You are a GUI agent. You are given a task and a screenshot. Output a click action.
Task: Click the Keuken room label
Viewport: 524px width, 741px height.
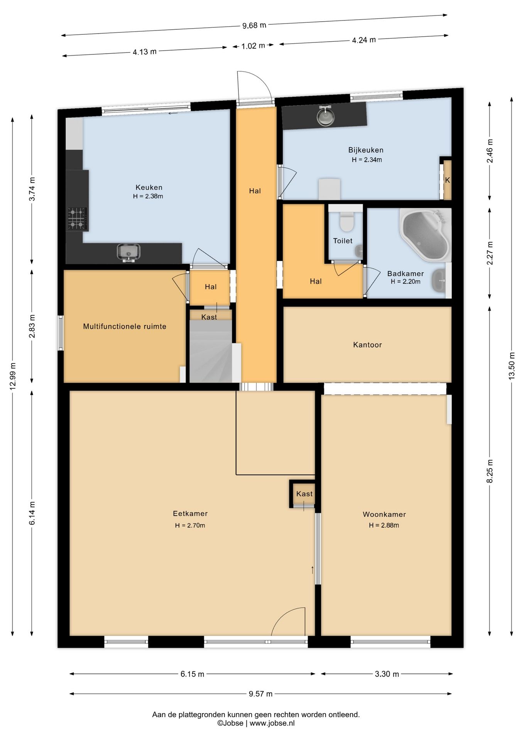(x=149, y=188)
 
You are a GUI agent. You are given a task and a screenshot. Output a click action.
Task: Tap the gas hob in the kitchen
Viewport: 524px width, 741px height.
(x=77, y=219)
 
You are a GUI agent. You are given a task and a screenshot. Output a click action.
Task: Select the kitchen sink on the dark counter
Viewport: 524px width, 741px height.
(x=128, y=252)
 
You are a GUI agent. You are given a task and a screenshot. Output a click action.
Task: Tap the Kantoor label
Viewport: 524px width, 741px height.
(x=367, y=345)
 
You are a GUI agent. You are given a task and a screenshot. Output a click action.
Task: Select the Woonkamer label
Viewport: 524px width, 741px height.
(x=384, y=514)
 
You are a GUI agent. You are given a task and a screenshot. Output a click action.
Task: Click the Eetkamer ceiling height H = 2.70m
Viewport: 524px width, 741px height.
(x=190, y=525)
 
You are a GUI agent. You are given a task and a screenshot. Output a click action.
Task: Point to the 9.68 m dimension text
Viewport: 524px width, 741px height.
(x=254, y=25)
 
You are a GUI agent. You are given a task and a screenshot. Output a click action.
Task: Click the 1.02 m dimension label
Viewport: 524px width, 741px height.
(x=253, y=46)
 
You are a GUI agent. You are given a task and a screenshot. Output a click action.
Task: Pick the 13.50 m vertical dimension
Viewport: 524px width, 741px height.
(x=512, y=366)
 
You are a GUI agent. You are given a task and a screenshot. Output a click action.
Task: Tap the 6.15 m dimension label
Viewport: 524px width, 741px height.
(x=192, y=674)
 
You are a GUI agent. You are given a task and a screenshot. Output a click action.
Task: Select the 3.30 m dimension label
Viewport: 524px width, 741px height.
(x=387, y=674)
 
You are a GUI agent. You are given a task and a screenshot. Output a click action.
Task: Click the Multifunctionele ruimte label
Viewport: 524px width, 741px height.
(x=125, y=327)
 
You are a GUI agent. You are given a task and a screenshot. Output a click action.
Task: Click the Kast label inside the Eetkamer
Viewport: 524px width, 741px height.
(x=304, y=494)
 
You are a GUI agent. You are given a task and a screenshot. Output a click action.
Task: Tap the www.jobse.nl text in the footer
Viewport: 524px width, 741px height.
(x=272, y=723)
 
